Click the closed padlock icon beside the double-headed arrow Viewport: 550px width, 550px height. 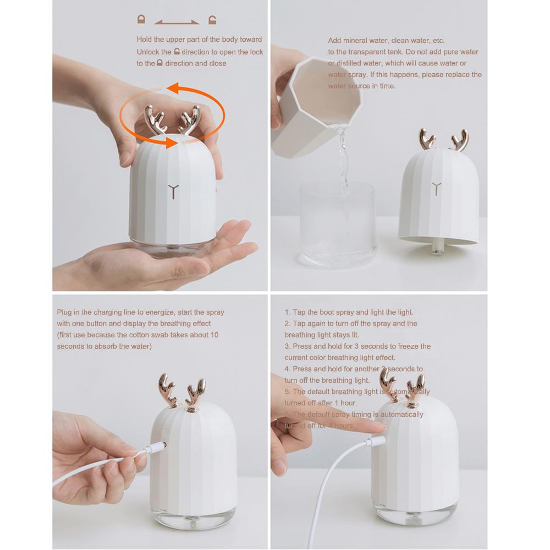tap(141, 20)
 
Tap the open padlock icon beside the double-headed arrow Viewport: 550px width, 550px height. tap(212, 20)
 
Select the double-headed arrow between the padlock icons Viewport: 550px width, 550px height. tap(177, 23)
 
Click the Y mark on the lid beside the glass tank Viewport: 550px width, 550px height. tap(437, 188)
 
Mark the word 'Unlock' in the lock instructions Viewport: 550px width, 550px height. tap(147, 52)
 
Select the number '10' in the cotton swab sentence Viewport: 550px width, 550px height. tap(214, 335)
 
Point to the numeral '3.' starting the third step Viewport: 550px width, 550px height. tap(287, 346)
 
